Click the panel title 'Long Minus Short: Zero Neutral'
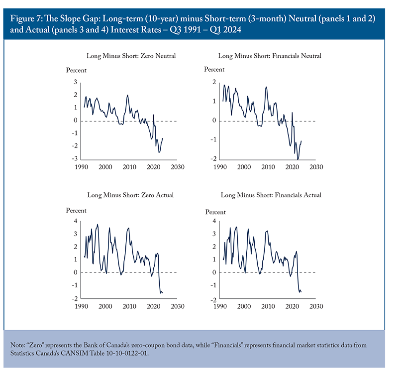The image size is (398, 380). (131, 56)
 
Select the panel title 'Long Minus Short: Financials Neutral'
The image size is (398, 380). (270, 56)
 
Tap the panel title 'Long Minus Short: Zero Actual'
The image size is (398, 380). (130, 195)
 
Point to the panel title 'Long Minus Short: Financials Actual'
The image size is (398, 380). (271, 195)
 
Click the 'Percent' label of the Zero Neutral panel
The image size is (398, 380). (76, 70)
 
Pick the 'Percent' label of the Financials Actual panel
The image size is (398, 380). (215, 212)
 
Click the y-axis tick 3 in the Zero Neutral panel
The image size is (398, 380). (76, 82)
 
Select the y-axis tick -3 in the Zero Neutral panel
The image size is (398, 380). (74, 158)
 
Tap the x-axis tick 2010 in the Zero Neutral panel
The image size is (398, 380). (129, 167)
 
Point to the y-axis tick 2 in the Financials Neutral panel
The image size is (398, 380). (214, 82)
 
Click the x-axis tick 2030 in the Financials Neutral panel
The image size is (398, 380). (316, 167)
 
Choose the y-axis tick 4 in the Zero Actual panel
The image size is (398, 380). (76, 221)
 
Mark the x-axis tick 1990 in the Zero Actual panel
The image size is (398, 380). (81, 306)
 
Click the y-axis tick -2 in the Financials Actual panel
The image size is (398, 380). (213, 300)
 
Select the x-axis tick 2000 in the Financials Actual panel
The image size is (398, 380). (244, 306)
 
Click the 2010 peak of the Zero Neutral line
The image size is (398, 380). (127, 95)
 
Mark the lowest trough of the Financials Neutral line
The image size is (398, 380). (298, 159)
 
